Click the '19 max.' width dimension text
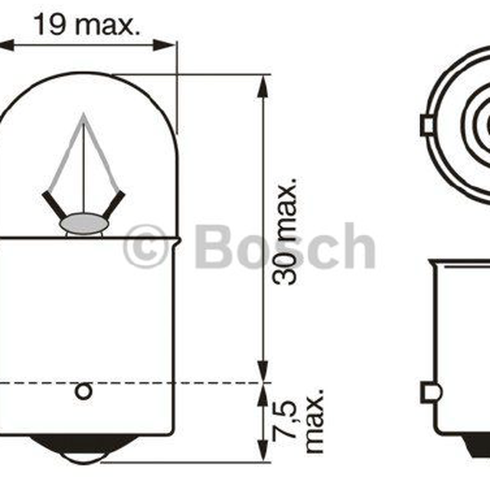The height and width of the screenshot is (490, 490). [87, 24]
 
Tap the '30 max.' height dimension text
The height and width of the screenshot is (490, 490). [284, 231]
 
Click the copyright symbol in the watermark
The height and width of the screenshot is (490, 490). [145, 246]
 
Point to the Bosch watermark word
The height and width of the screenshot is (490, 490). [285, 246]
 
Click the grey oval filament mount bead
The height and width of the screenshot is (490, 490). [84, 224]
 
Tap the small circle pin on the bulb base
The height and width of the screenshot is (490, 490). [83, 391]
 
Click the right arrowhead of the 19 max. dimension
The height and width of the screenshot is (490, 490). [163, 45]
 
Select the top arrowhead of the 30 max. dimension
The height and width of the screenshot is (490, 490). [263, 87]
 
